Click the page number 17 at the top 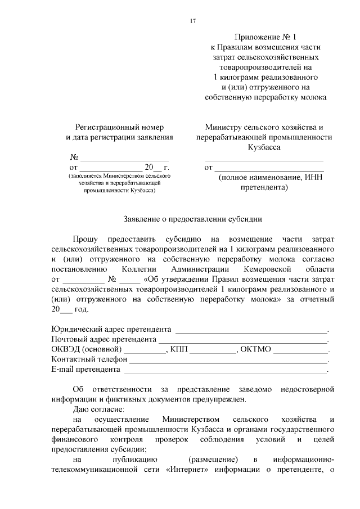[x=193, y=21]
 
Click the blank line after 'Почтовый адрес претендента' [x=242, y=340]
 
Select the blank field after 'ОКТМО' [x=300, y=350]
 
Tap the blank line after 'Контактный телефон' [x=228, y=360]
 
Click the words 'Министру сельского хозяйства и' [x=264, y=127]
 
